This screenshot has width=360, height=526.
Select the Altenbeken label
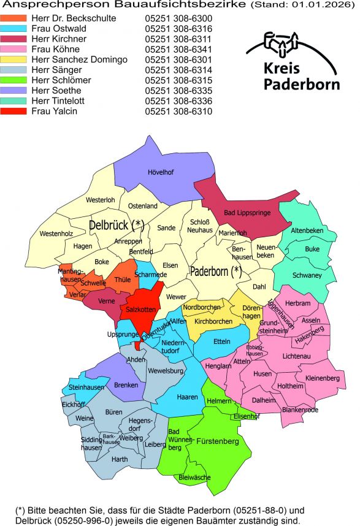306,231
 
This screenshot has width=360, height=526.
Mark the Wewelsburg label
166,372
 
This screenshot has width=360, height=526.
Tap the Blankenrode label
301,410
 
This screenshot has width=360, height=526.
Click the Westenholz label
56,234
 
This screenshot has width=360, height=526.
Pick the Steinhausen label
86,387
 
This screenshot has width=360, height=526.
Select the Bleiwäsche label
194,476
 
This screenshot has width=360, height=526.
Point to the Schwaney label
307,276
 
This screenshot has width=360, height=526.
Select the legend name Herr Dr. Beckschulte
82,18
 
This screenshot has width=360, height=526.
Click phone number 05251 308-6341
178,50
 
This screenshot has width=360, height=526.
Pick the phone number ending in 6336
178,101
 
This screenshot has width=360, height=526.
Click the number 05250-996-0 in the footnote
85,521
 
